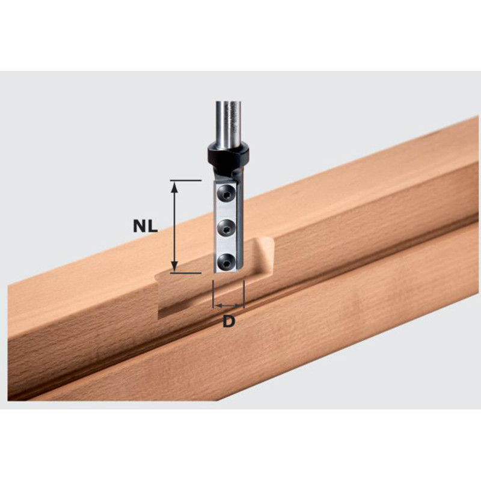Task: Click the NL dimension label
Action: (145, 226)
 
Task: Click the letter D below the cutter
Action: (228, 321)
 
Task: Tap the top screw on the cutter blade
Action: (225, 192)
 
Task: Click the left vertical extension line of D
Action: (213, 295)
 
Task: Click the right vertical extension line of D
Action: (244, 295)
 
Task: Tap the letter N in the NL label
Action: (139, 226)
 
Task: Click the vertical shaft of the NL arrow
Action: (174, 226)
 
